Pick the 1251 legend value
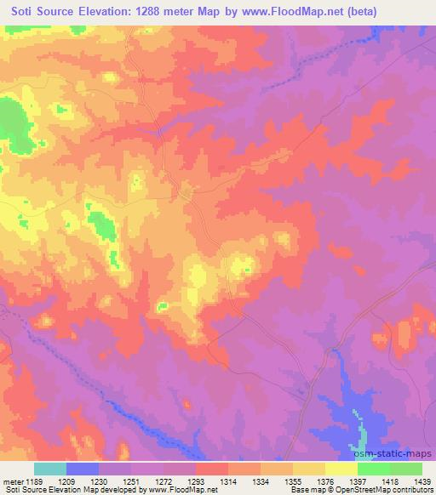pos(132,481)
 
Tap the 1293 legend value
pos(196,481)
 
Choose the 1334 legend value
pos(261,481)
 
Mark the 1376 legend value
pos(325,481)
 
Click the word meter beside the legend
pos(12,481)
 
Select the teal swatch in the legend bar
pos(50,469)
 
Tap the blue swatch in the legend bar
pos(83,469)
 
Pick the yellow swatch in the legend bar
pos(341,469)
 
